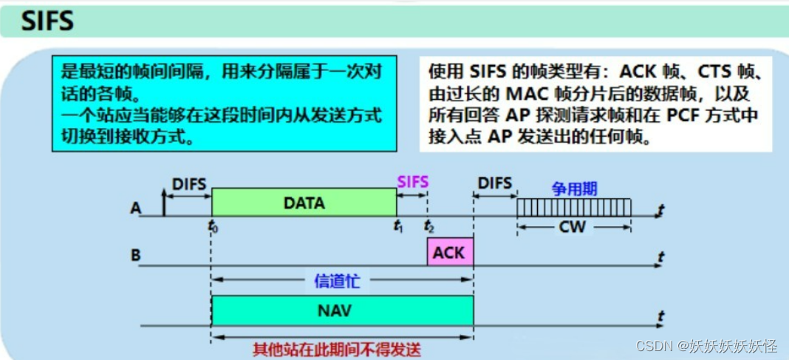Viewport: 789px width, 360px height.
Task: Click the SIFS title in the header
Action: coord(48,20)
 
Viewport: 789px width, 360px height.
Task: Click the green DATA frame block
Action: coord(304,202)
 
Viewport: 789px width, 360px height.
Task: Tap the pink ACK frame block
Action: coord(449,252)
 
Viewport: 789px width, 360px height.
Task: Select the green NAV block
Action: coord(341,310)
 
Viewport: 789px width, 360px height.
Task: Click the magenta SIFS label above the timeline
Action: coord(412,181)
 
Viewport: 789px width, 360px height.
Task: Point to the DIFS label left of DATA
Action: coord(188,183)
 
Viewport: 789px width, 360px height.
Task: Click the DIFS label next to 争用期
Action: coord(494,183)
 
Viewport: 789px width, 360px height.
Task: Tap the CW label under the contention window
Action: coord(573,227)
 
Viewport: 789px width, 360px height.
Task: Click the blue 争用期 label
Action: coord(574,189)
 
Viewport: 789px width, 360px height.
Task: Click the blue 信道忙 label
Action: coord(341,280)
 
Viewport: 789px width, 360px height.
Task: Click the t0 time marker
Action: coord(214,226)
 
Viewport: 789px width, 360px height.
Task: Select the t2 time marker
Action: coord(428,226)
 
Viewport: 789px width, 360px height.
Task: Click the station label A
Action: coord(136,208)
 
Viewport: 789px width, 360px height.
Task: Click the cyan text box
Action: coord(225,102)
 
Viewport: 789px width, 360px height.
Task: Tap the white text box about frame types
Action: coord(594,103)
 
